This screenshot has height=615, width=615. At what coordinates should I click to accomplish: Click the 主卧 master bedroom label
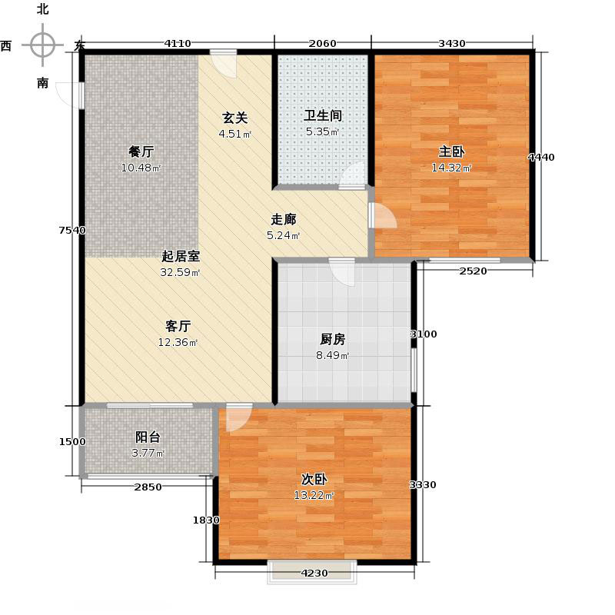coord(452,151)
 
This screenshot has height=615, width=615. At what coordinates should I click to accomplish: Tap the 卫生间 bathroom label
coord(322,116)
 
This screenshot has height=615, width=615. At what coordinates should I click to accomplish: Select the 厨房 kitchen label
coord(332,339)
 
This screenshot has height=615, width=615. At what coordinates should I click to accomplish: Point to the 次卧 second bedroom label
coord(314,478)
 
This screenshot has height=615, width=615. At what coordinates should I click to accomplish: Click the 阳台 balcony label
coord(148,437)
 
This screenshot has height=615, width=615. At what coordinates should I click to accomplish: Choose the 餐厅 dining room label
coord(136,151)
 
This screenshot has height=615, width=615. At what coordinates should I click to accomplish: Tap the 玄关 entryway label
coord(234,118)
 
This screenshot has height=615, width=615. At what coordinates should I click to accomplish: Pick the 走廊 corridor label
coord(282,219)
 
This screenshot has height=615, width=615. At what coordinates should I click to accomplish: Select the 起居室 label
coord(181,256)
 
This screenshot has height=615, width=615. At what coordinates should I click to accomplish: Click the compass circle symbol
coord(42,45)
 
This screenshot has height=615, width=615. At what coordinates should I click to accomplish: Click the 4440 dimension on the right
coord(540,158)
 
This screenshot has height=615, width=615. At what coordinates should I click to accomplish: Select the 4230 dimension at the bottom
coord(314,572)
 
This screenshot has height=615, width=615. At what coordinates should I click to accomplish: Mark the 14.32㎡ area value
coord(452,168)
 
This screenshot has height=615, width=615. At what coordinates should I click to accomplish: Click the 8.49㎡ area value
coord(332,355)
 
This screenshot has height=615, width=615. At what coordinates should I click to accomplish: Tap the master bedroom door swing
coord(383,216)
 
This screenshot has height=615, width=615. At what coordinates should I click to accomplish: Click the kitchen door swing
coord(344,273)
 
